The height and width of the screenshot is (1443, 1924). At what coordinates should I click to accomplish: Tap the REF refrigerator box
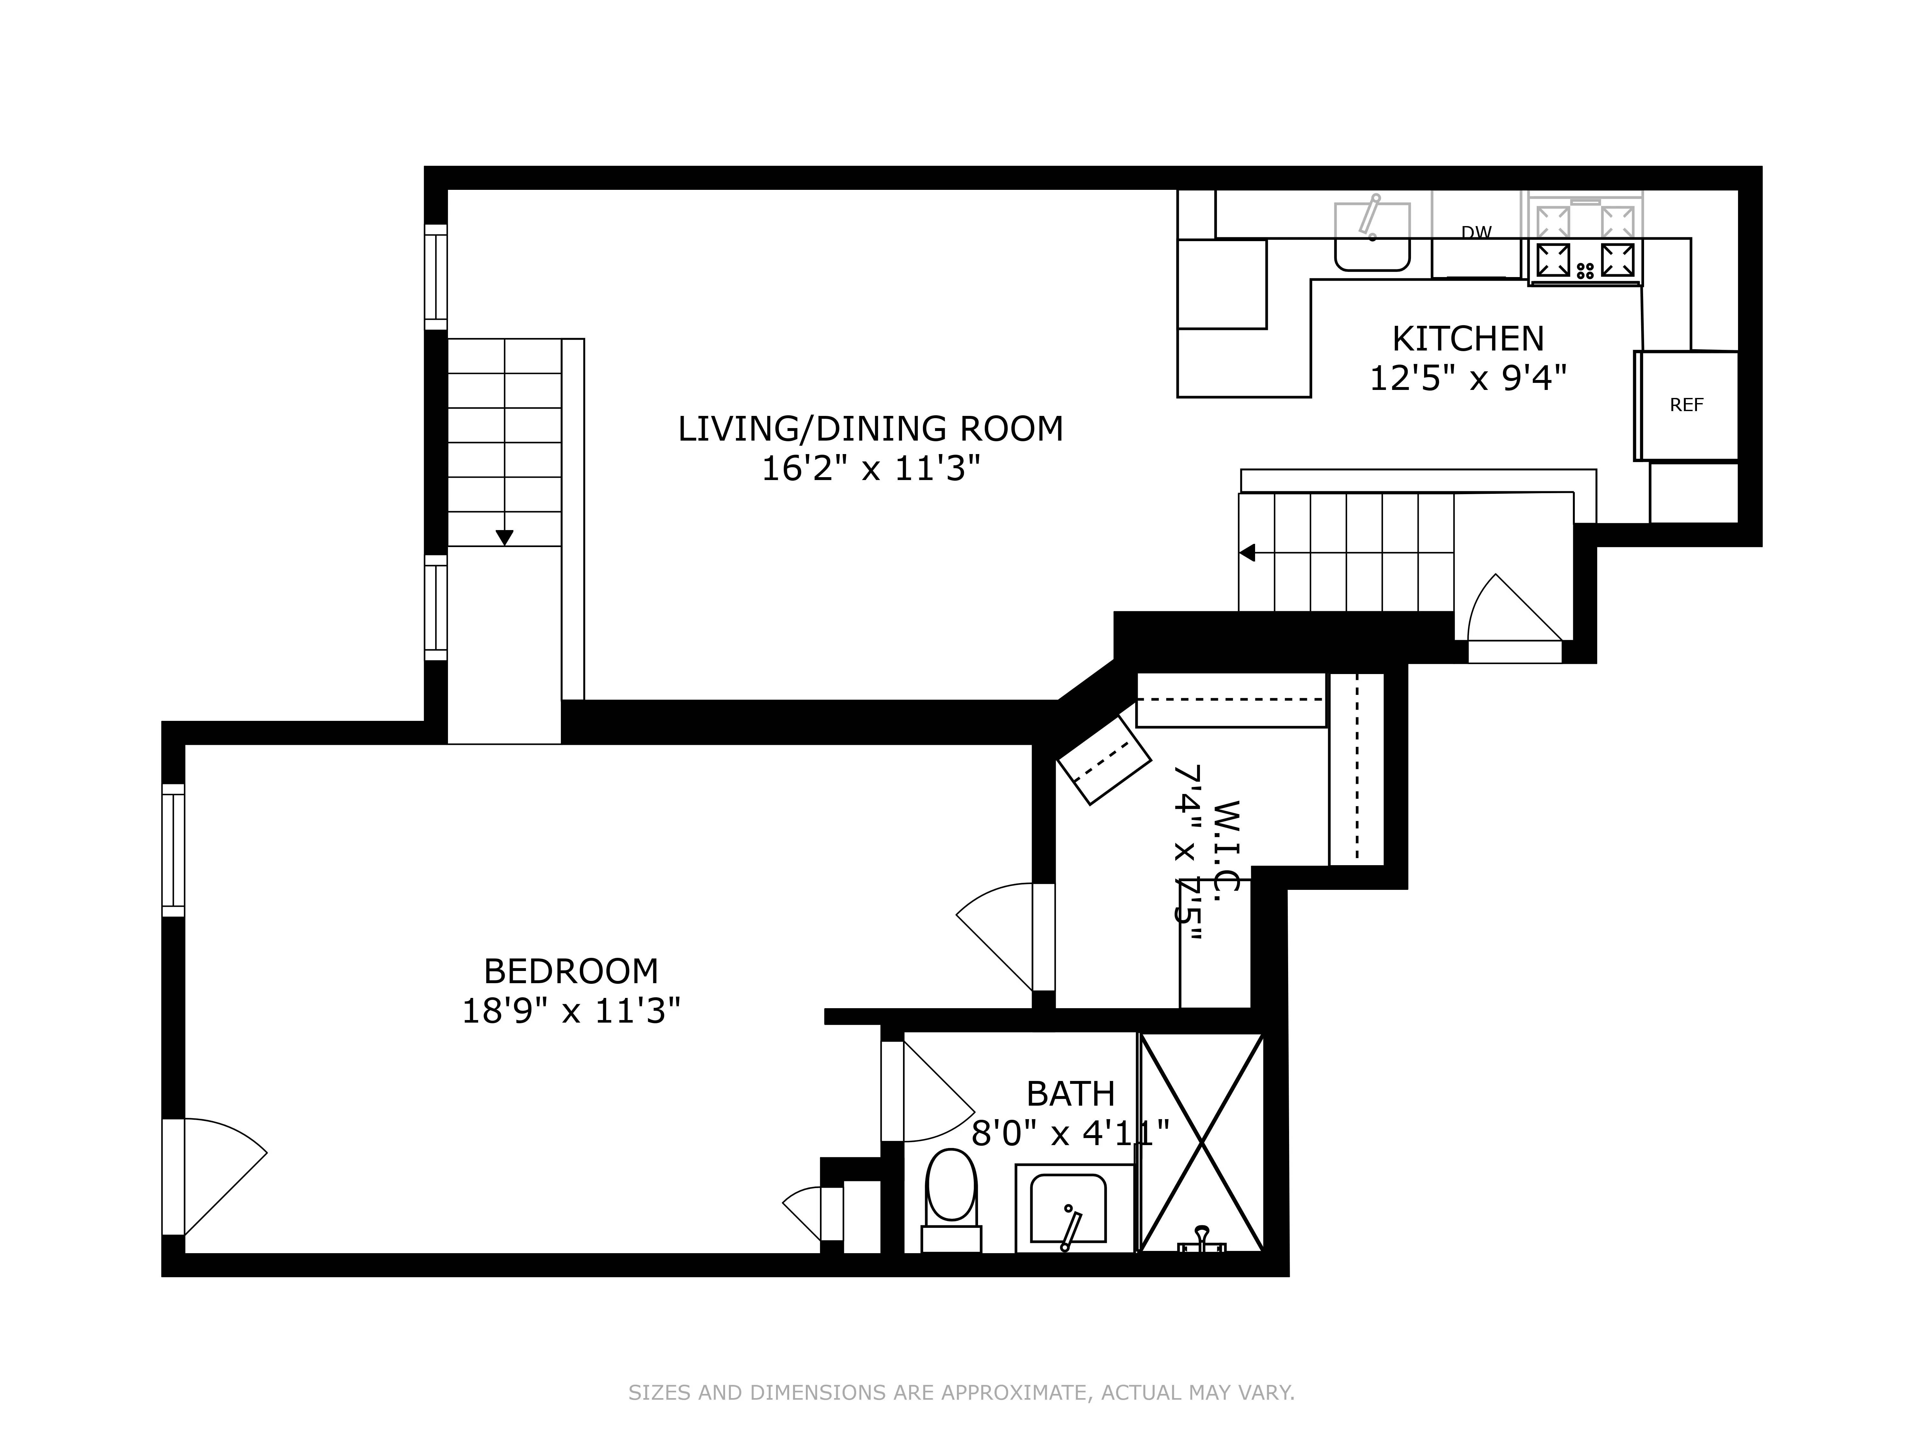[1686, 405]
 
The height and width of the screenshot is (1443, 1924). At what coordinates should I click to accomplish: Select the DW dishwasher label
[1476, 232]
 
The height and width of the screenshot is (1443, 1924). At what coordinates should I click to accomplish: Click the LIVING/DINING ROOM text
[870, 429]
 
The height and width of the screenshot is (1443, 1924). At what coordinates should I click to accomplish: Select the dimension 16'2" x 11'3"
[870, 470]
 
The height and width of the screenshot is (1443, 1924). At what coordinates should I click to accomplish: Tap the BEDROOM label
[570, 971]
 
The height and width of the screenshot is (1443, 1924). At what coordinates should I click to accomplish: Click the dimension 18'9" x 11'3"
[570, 1012]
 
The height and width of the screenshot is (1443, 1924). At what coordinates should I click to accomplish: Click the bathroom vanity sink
[1068, 1209]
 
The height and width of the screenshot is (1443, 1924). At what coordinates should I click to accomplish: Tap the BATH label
[1070, 1093]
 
